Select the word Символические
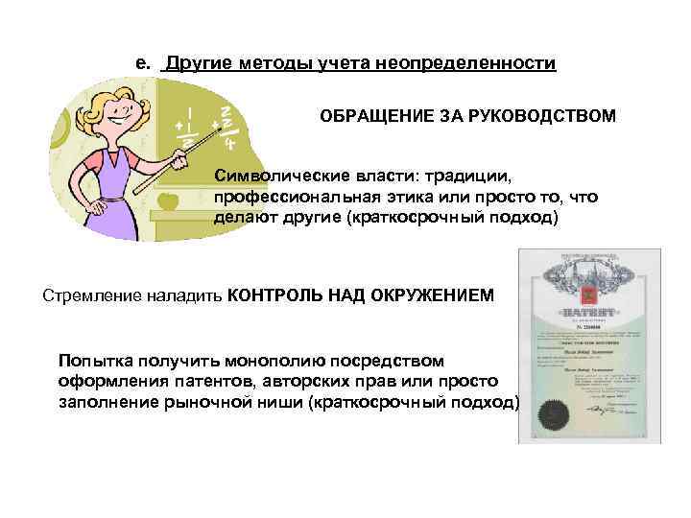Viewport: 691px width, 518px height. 273,177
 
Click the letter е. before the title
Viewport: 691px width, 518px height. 142,64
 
